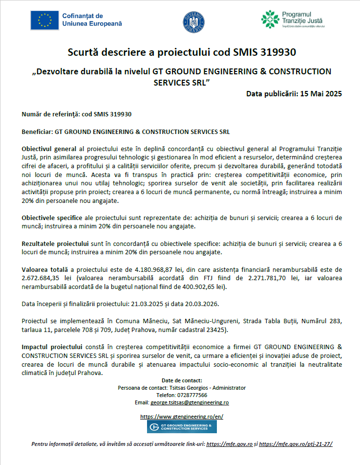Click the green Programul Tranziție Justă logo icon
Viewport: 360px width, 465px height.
pyautogui.click(x=271, y=20)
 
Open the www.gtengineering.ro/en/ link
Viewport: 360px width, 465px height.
pyautogui.click(x=182, y=417)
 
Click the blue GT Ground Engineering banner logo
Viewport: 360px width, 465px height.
pyautogui.click(x=182, y=427)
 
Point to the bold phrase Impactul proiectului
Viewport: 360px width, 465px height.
pyautogui.click(x=52, y=346)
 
